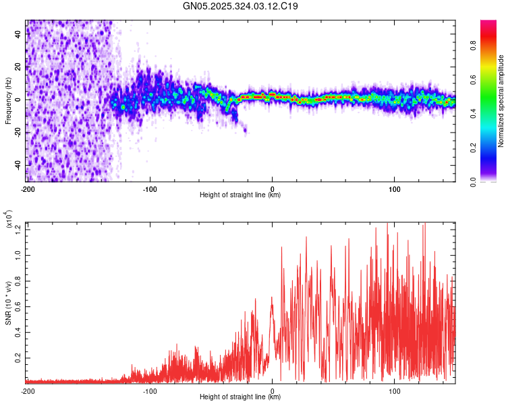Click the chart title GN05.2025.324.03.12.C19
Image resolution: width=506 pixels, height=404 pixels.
pos(240,6)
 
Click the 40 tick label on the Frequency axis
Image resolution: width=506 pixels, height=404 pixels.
pos(18,34)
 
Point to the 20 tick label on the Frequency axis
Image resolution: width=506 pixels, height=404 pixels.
pos(18,67)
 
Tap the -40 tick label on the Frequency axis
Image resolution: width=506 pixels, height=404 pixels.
pos(18,166)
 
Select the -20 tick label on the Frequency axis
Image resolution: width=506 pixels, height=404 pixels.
pos(18,133)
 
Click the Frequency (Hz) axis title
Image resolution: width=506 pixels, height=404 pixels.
pos(8,101)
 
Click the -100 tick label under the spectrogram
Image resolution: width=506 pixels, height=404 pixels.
pos(150,189)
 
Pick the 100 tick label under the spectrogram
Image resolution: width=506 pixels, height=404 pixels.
pos(395,189)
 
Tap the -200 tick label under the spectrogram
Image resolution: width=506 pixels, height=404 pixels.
pos(28,189)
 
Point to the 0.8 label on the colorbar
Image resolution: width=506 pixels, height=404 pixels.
pos(473,45)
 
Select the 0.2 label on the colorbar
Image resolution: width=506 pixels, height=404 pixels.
pos(473,147)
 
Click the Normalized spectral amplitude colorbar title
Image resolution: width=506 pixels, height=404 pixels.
pos(501,101)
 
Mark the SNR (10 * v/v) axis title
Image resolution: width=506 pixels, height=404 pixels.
pos(8,303)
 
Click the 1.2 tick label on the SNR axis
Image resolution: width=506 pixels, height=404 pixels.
pos(18,230)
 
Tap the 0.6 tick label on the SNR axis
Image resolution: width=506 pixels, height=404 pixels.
pos(18,306)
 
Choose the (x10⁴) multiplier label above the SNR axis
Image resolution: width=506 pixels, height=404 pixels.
pos(9,219)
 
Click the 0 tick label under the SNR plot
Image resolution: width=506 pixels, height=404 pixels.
pos(273,391)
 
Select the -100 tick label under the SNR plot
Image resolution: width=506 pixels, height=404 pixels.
pos(150,391)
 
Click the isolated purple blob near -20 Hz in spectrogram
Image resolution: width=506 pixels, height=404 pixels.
pos(246,130)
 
